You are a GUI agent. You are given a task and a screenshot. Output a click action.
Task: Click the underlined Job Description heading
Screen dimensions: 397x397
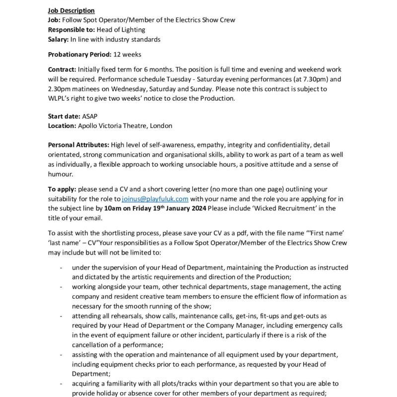71,10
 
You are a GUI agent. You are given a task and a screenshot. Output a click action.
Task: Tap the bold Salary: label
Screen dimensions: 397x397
59,39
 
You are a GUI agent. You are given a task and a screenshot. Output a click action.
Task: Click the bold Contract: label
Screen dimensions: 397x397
62,69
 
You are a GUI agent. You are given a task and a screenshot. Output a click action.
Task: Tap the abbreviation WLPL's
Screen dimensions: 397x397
59,98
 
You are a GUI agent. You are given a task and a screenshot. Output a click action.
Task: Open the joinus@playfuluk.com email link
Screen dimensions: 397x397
155,199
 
